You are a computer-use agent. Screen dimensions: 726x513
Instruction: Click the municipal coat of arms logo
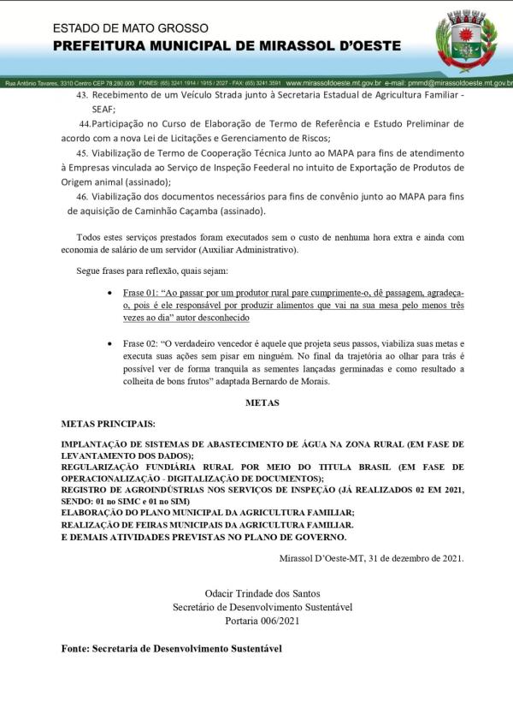tap(466, 39)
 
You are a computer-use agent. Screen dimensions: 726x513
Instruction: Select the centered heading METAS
tap(262, 402)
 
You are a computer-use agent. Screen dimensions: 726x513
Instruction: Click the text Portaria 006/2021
tap(262, 620)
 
